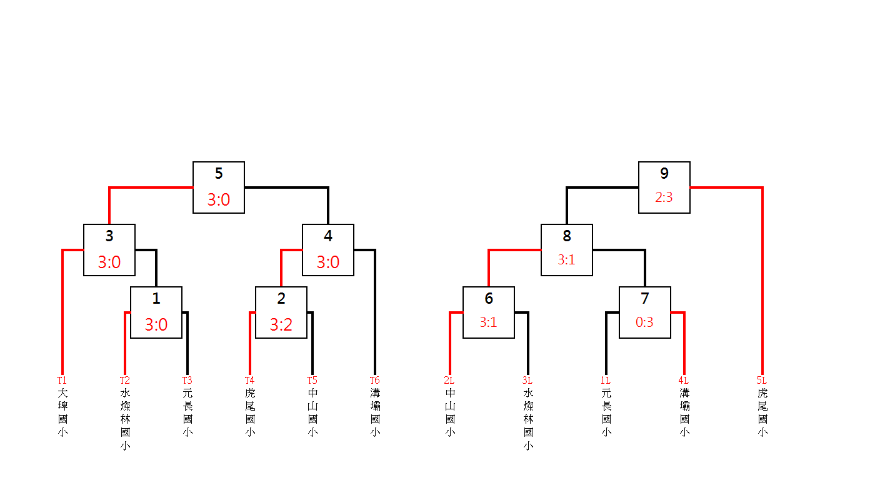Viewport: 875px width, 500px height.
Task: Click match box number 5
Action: (219, 187)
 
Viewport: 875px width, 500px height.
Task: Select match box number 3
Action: (109, 249)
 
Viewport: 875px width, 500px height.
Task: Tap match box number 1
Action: (156, 312)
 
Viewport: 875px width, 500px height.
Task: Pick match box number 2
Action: (281, 312)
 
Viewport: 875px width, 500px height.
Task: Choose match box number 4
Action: (328, 249)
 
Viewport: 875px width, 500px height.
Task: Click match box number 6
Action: (489, 312)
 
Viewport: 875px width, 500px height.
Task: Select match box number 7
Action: (645, 312)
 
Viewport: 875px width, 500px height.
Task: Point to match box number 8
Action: (567, 249)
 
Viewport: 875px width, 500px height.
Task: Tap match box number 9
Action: (664, 187)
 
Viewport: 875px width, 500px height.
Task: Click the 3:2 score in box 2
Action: (281, 325)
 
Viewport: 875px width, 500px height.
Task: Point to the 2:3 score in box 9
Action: (664, 197)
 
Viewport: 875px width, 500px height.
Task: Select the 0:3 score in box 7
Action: (645, 322)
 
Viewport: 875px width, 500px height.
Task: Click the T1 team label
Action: (62, 380)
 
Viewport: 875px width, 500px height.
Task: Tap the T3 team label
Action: (187, 380)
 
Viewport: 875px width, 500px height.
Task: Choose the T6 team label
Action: (374, 380)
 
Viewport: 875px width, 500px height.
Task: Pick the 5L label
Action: (761, 380)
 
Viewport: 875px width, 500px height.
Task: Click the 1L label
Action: (605, 380)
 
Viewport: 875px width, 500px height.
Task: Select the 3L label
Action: (527, 380)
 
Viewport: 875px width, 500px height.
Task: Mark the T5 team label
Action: (312, 380)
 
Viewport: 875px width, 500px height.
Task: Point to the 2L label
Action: (449, 380)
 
